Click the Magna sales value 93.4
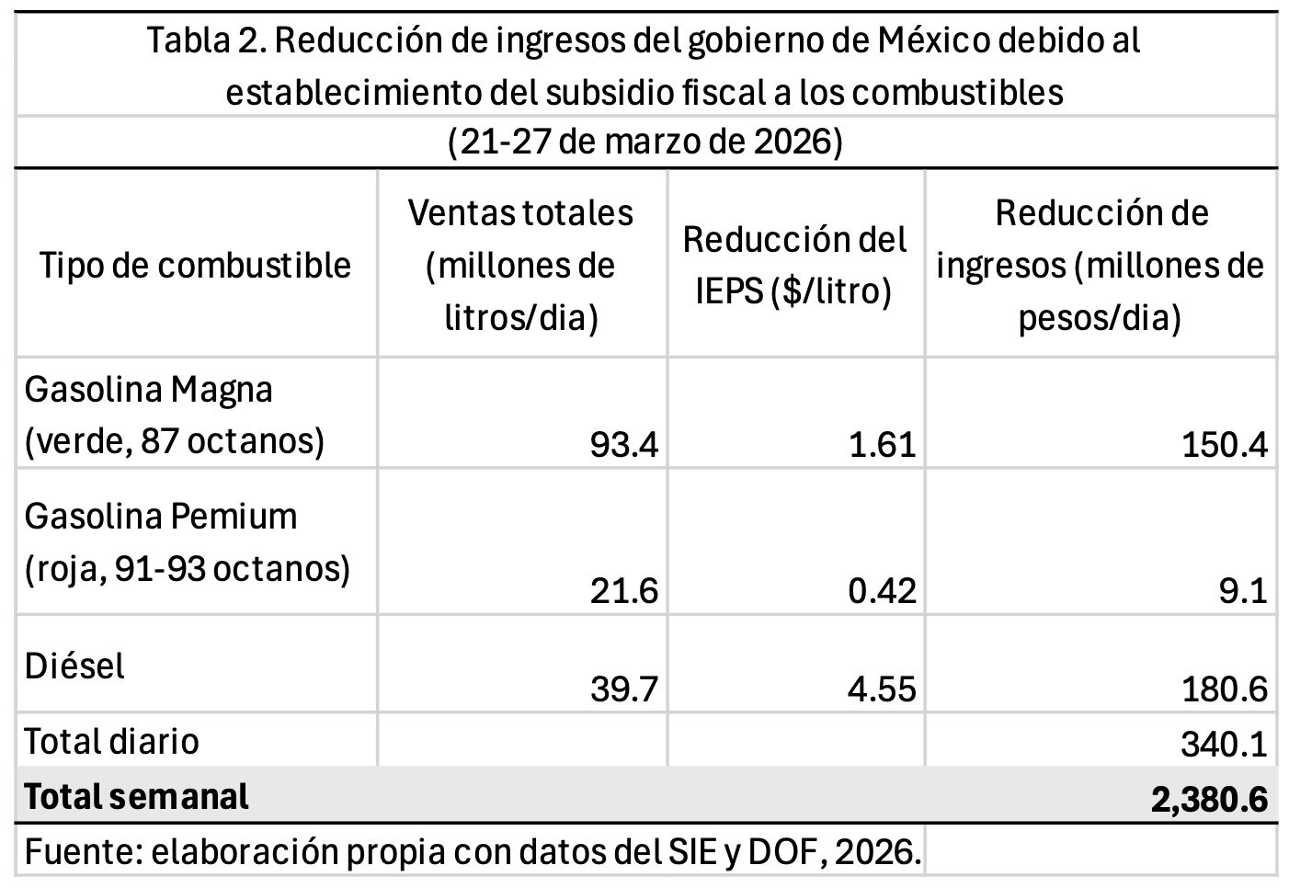click(x=623, y=445)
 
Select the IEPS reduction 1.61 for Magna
click(x=882, y=445)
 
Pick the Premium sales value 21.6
click(x=623, y=590)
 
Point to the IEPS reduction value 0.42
click(x=882, y=590)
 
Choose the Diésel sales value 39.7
click(x=623, y=689)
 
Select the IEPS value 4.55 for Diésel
click(x=882, y=689)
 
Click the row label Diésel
click(x=74, y=666)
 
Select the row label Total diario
click(x=111, y=741)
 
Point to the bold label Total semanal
click(x=136, y=796)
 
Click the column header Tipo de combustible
click(x=195, y=266)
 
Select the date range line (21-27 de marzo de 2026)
click(x=644, y=142)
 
